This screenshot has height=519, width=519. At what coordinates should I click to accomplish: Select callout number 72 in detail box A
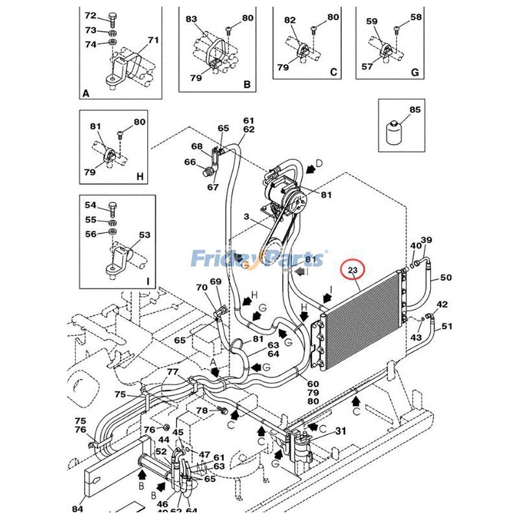[x=91, y=16]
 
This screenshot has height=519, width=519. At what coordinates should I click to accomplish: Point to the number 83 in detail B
[x=191, y=19]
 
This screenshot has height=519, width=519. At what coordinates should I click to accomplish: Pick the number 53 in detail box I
[x=144, y=235]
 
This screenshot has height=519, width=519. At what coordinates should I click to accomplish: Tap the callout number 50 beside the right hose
[x=446, y=278]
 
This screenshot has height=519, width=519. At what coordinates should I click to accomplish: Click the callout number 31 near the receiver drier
[x=341, y=431]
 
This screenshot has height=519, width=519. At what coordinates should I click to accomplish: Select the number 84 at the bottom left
[x=77, y=509]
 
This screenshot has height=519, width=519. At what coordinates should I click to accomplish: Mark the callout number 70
[x=202, y=287]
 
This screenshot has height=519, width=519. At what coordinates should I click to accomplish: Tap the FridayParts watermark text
[x=259, y=259]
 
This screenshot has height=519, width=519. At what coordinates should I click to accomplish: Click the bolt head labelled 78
[x=223, y=411]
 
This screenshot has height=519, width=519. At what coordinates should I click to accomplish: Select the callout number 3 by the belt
[x=246, y=216]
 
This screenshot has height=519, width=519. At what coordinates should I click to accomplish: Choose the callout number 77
[x=173, y=372]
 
